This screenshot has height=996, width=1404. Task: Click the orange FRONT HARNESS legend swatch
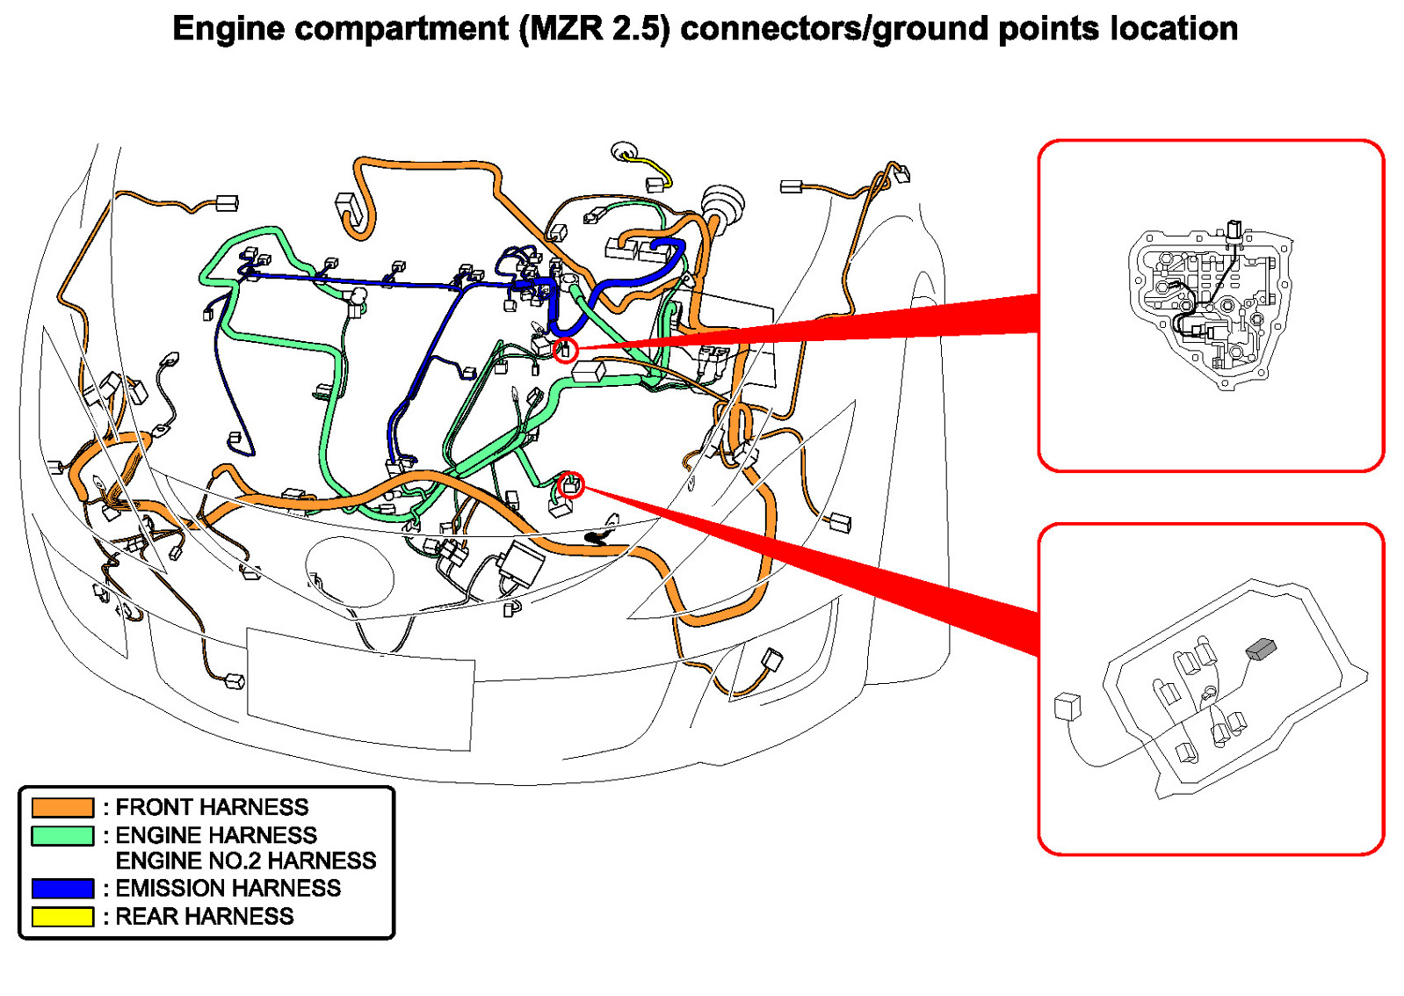point(62,807)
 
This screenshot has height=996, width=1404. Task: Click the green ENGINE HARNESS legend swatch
point(62,835)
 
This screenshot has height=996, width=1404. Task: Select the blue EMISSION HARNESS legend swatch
point(62,889)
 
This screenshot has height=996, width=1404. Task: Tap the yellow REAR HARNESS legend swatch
point(62,917)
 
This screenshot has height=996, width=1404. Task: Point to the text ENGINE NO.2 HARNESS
point(246,861)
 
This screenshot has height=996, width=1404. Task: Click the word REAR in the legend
point(147,917)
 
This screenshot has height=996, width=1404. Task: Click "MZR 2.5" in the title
point(594,29)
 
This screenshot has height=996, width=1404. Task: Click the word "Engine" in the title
point(228,29)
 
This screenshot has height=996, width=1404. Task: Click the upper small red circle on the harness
point(566,350)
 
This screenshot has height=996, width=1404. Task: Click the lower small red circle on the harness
point(571,483)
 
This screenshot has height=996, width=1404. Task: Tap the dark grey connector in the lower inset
point(1261,649)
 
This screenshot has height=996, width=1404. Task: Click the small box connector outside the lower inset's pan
point(1067,706)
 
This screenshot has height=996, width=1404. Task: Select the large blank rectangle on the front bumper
point(360,688)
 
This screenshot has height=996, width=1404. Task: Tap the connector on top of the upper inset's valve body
point(1234,230)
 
